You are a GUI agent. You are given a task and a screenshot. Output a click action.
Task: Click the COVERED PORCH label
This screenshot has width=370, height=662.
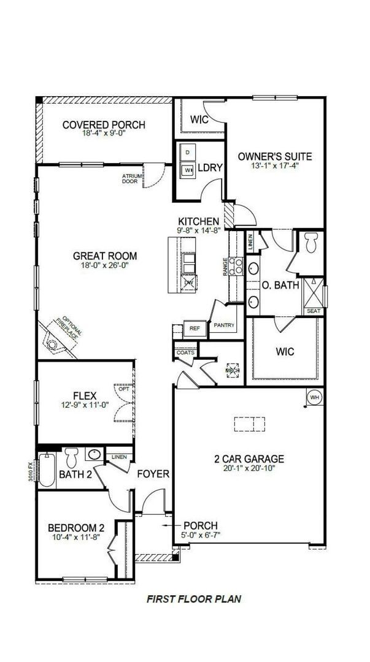(104, 125)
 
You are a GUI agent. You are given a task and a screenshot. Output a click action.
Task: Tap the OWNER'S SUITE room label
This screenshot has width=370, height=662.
(275, 156)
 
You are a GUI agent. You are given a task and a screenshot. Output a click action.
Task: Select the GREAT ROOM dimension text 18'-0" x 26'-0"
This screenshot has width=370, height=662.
(104, 266)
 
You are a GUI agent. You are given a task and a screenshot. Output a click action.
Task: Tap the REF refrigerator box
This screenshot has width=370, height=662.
(195, 329)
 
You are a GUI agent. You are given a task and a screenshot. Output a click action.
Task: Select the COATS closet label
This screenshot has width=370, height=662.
(185, 352)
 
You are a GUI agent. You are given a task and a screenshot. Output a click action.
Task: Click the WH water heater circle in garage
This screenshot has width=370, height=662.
(315, 397)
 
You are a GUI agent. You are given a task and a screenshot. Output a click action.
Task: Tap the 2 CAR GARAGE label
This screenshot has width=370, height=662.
(249, 458)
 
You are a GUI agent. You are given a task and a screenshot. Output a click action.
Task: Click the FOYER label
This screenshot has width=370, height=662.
(153, 474)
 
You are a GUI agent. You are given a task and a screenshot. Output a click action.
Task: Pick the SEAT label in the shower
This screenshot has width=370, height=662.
(314, 311)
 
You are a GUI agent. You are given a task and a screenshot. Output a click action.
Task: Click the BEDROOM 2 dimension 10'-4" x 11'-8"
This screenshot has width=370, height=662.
(77, 538)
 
